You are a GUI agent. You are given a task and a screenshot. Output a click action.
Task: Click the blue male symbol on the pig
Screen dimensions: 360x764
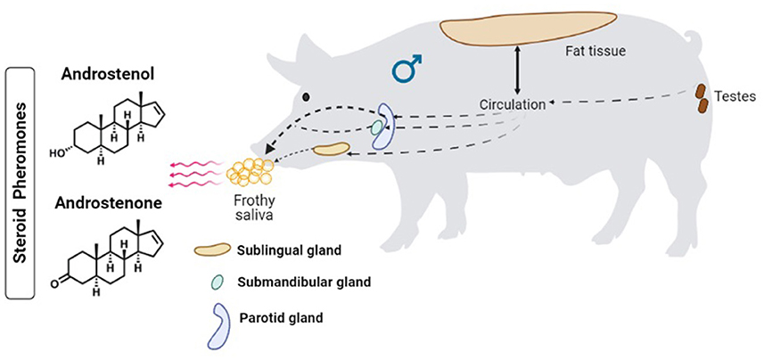407,70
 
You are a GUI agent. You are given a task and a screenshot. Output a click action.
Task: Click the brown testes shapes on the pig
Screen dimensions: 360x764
701,99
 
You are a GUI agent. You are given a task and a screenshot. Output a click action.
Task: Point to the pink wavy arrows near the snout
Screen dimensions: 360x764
193,172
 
